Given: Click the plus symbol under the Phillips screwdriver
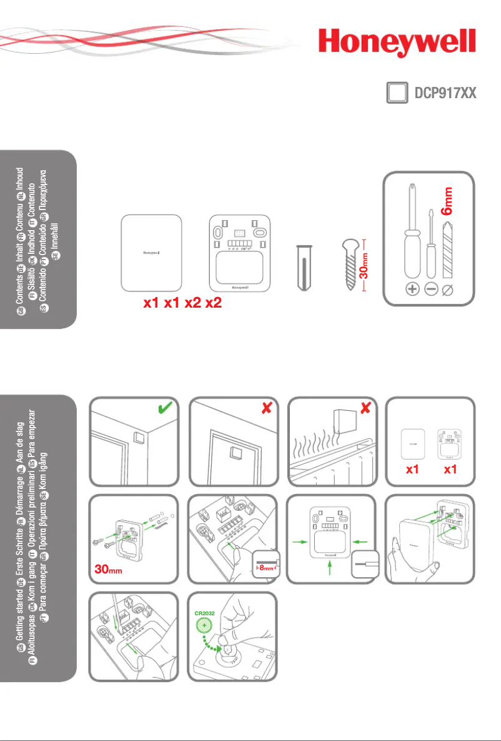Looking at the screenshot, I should [412, 290].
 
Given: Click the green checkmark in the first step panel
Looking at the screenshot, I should [165, 410].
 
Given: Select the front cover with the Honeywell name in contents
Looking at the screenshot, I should [151, 253].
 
